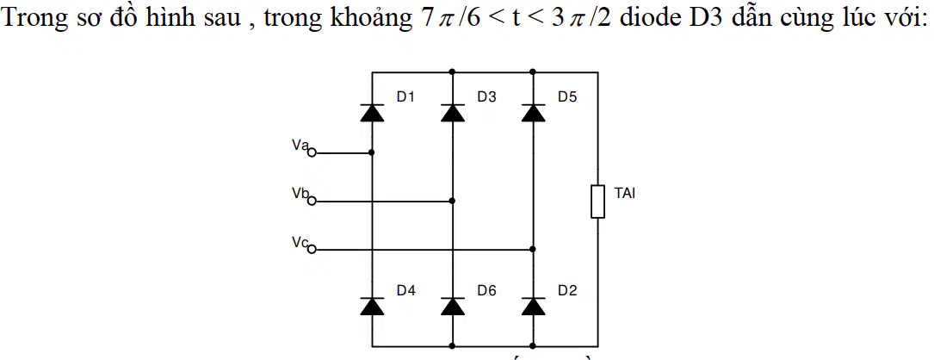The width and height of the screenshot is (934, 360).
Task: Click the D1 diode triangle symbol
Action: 372,112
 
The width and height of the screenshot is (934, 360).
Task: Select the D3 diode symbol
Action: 452,112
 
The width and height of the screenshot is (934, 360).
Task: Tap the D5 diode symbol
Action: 533,112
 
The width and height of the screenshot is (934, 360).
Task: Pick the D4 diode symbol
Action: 372,305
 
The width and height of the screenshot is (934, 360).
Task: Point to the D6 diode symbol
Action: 452,305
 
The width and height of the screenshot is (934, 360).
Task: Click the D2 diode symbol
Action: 533,305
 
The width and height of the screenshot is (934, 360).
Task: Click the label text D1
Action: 405,97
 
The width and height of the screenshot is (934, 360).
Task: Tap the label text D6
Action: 486,291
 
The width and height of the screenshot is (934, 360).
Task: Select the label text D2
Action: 567,291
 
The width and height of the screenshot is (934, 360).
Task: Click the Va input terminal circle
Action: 311,153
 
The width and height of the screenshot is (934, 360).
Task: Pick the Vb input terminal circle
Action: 311,202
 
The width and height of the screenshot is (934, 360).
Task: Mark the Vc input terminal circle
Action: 311,249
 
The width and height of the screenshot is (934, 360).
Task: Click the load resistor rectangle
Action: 597,202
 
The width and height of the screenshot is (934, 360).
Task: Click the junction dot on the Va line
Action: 372,152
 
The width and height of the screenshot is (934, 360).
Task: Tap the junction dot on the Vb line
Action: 452,201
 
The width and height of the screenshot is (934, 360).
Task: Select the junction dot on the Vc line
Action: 533,249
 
